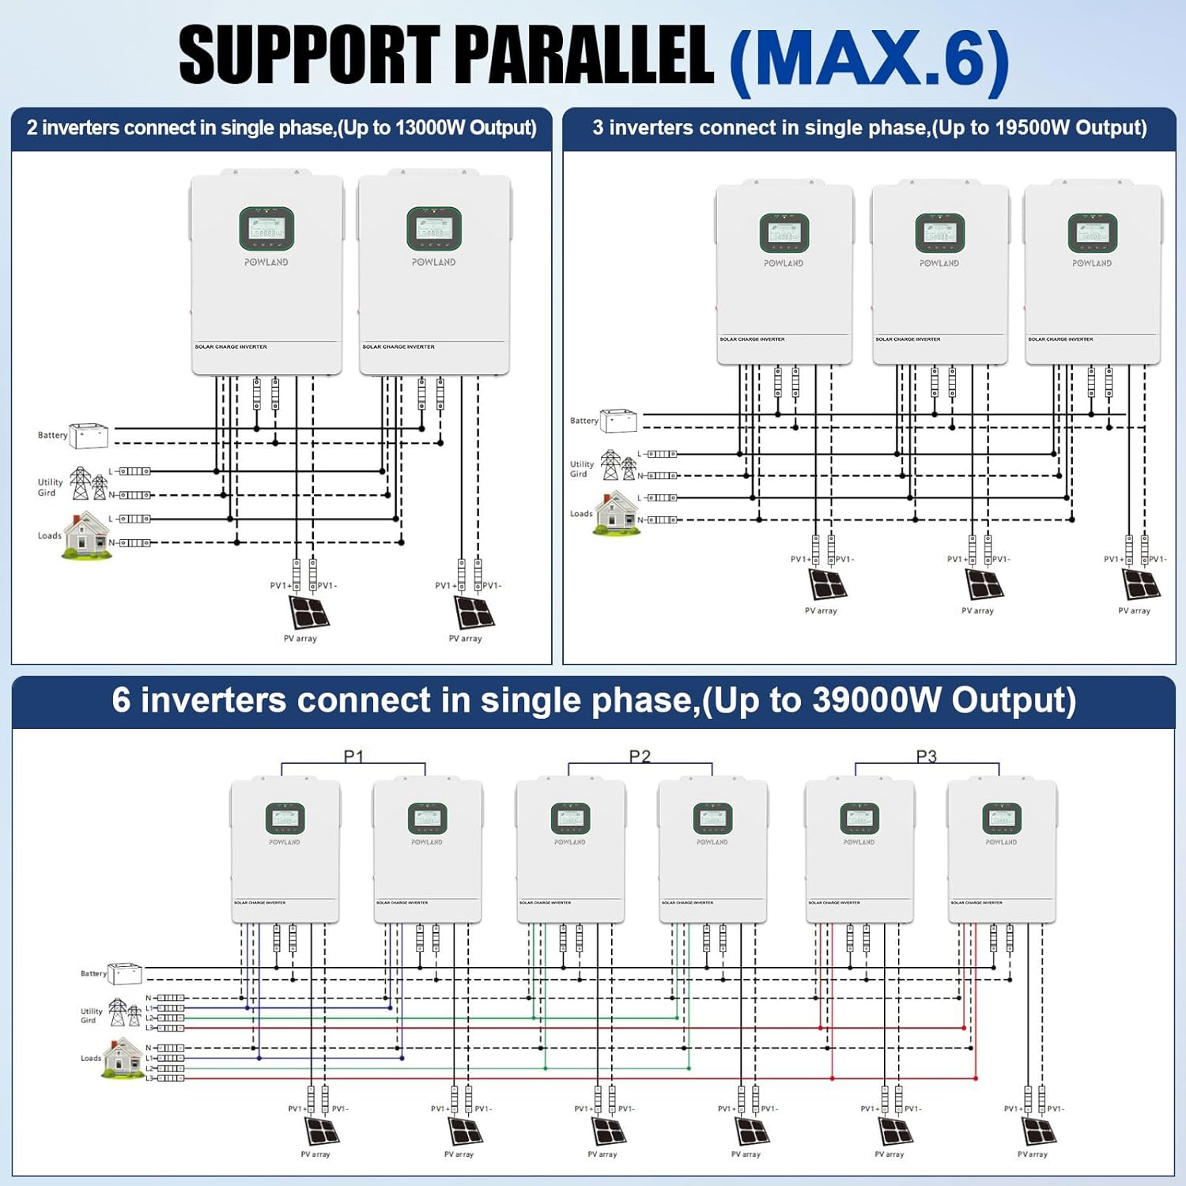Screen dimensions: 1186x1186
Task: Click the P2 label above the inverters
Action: (x=640, y=757)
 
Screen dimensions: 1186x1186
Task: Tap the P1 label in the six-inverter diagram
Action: (x=353, y=757)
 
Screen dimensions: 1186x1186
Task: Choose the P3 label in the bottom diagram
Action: (x=926, y=757)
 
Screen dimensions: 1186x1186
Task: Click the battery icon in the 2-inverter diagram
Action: (x=89, y=436)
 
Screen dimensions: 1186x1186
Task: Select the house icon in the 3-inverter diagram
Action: (x=617, y=513)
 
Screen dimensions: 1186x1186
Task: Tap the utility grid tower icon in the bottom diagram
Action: (x=123, y=1013)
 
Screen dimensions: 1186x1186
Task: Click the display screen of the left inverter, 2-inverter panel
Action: (x=266, y=229)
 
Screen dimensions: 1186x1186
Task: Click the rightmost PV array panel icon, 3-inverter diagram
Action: (x=1141, y=584)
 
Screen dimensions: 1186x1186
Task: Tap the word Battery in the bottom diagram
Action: (x=93, y=973)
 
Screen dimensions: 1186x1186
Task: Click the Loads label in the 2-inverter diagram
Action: (x=49, y=536)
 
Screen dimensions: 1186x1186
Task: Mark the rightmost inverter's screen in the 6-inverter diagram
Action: (x=1001, y=818)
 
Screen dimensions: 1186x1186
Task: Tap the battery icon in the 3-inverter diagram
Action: (x=618, y=421)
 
